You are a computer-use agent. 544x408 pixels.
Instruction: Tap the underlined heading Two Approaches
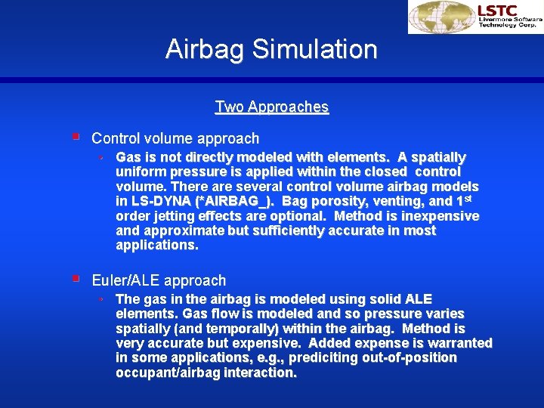click(272, 107)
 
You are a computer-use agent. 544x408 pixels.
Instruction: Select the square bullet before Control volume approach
click(76, 138)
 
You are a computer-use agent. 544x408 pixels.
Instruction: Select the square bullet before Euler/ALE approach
click(76, 280)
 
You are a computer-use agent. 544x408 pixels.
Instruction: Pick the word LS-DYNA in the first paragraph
click(159, 202)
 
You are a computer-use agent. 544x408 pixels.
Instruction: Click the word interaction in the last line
click(261, 372)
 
